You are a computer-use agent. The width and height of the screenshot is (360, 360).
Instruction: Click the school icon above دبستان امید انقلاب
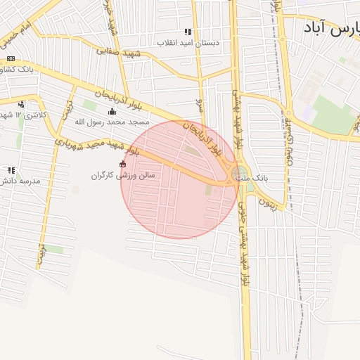188,32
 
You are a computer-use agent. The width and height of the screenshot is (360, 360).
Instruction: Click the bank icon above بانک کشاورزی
11,59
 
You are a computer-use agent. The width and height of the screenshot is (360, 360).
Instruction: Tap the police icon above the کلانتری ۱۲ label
20,104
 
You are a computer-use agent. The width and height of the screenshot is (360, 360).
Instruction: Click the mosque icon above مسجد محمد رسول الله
111,112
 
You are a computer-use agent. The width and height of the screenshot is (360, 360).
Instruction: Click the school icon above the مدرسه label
11,170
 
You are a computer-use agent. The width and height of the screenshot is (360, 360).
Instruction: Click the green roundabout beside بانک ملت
239,173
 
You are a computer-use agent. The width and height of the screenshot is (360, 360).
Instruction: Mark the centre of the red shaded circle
179,179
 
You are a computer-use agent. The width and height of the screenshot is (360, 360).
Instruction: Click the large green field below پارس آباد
333,112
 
